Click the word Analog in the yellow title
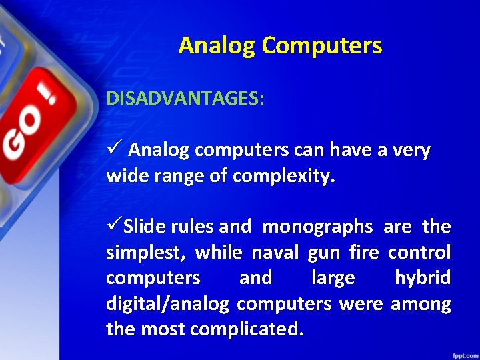[x=217, y=45]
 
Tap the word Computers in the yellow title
[x=322, y=45]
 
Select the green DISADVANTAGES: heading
[x=185, y=99]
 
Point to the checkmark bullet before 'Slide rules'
[x=113, y=227]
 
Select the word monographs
[x=317, y=227]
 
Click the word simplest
[x=145, y=253]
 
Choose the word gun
[x=323, y=253]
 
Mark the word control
[x=419, y=253]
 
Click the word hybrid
[x=423, y=278]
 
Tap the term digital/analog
[x=168, y=304]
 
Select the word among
[x=421, y=304]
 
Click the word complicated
[x=247, y=329]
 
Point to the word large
[x=333, y=278]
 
